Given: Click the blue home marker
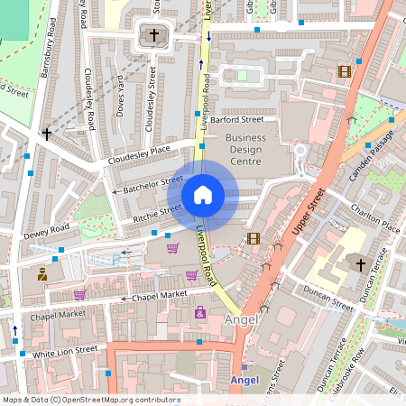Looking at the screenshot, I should pos(203,195).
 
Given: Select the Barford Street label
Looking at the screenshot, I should pos(238,119).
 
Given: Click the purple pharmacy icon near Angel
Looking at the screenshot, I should pos(199,312).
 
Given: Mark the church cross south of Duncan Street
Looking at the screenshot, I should pos(360,264).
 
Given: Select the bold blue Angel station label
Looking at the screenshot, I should pos(245,380).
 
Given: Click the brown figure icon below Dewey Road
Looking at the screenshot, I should pos(42,273).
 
